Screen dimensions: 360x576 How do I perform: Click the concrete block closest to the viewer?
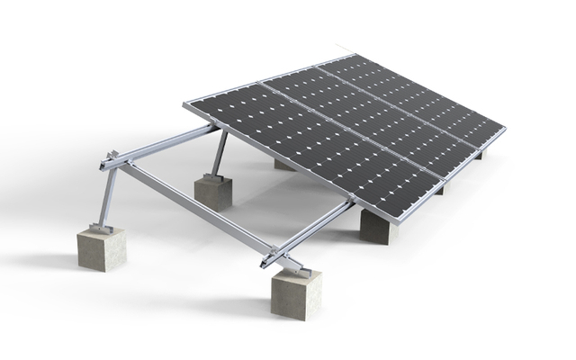pyautogui.click(x=296, y=292)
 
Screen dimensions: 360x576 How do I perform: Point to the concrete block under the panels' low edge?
pyautogui.click(x=378, y=225)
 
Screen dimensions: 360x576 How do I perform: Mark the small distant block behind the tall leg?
pyautogui.click(x=284, y=164)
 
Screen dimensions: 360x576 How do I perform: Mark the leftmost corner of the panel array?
pyautogui.click(x=185, y=106)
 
